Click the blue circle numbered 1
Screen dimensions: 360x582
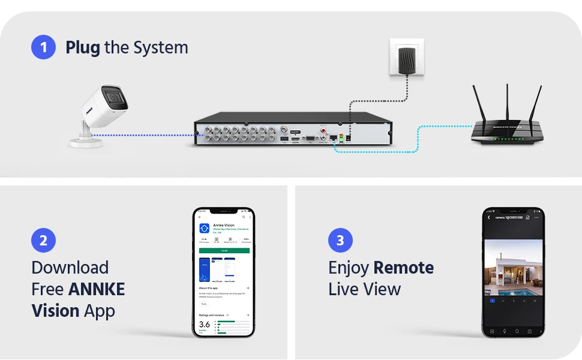tap(43, 47)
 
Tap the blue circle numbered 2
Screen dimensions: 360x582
tap(43, 241)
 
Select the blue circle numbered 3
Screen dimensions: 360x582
tap(340, 241)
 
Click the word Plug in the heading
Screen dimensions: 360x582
tap(83, 47)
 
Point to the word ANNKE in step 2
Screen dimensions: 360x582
tap(97, 289)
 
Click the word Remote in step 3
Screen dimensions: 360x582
tap(403, 268)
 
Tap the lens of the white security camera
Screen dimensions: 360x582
tap(113, 96)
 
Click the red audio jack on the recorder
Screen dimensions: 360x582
tap(323, 130)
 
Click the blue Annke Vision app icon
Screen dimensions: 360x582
tap(205, 228)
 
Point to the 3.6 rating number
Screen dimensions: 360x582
tap(205, 325)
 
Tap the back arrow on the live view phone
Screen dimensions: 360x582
tap(489, 217)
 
